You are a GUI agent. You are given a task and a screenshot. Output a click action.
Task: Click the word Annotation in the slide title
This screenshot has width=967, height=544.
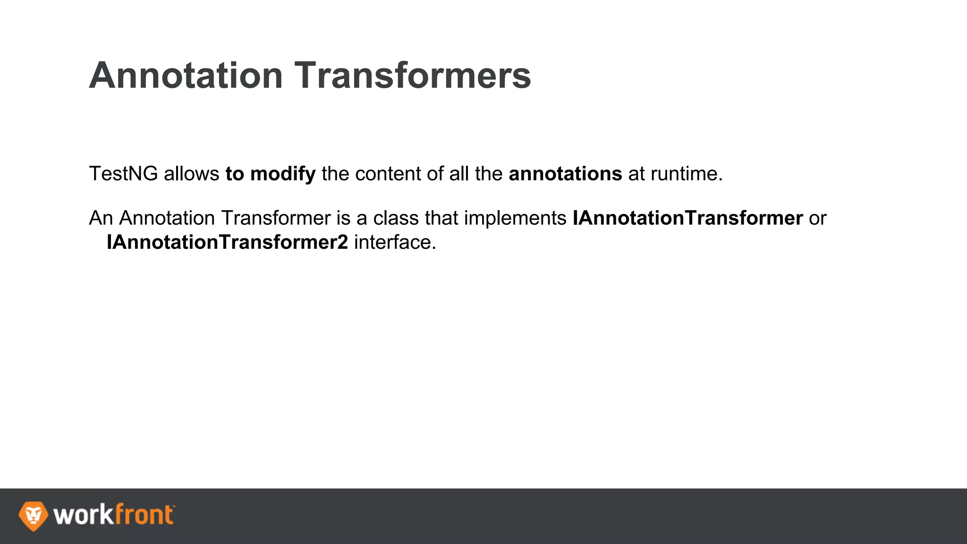pyautogui.click(x=186, y=76)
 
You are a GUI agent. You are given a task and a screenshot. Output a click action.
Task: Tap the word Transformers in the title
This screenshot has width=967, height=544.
pyautogui.click(x=413, y=76)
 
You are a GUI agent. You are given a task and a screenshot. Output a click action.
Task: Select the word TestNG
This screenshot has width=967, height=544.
pyautogui.click(x=123, y=174)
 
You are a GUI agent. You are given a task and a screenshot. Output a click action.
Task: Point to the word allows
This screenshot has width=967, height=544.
pyautogui.click(x=191, y=174)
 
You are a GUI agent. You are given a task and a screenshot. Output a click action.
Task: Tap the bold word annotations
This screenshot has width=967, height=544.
pyautogui.click(x=565, y=174)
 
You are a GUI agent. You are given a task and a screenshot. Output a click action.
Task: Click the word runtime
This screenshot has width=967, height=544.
pyautogui.click(x=687, y=174)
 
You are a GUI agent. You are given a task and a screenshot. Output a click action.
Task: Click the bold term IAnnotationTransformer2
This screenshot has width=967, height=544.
pyautogui.click(x=227, y=242)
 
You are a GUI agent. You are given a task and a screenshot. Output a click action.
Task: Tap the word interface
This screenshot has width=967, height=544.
pyautogui.click(x=395, y=242)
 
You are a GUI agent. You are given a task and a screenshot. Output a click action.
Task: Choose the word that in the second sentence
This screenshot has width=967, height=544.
pyautogui.click(x=441, y=218)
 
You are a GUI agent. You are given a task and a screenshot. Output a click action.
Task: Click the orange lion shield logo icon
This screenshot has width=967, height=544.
pyautogui.click(x=33, y=516)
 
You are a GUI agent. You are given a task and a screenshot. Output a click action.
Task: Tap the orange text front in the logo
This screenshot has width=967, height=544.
pyautogui.click(x=144, y=515)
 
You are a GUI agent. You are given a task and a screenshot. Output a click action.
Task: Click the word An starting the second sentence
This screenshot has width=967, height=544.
pyautogui.click(x=101, y=218)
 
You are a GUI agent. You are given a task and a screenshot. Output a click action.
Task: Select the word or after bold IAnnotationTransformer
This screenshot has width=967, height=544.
pyautogui.click(x=817, y=218)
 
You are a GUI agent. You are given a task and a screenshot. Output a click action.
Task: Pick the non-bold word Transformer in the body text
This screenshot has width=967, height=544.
pyautogui.click(x=276, y=218)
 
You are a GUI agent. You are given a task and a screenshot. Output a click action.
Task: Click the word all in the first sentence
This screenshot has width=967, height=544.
pyautogui.click(x=459, y=174)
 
